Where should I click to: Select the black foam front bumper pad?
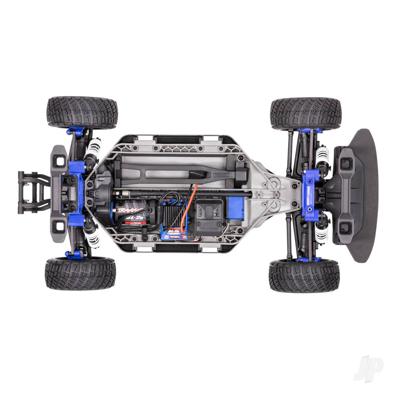pos(363,194)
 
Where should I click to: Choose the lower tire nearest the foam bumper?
pos(304,276)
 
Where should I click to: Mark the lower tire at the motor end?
pos(80,274)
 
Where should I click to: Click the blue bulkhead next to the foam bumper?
pos(310,194)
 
